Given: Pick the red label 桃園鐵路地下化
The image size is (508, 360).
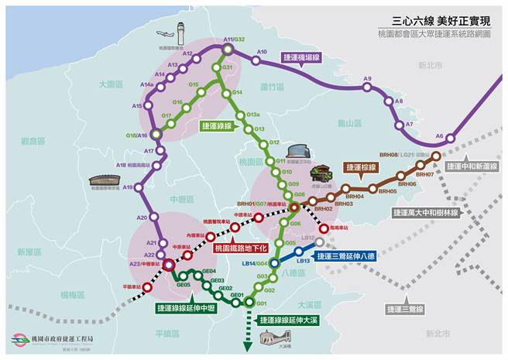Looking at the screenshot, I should pos(240,249).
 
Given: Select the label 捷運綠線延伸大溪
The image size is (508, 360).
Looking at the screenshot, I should pos(288,319).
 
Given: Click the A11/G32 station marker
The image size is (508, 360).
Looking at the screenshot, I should pos(227,50).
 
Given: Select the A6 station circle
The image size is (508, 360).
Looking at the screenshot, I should pos(451,140).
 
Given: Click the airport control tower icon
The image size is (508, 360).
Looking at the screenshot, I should pos(180,33).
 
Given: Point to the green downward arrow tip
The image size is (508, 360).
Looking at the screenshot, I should pos(249,348).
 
